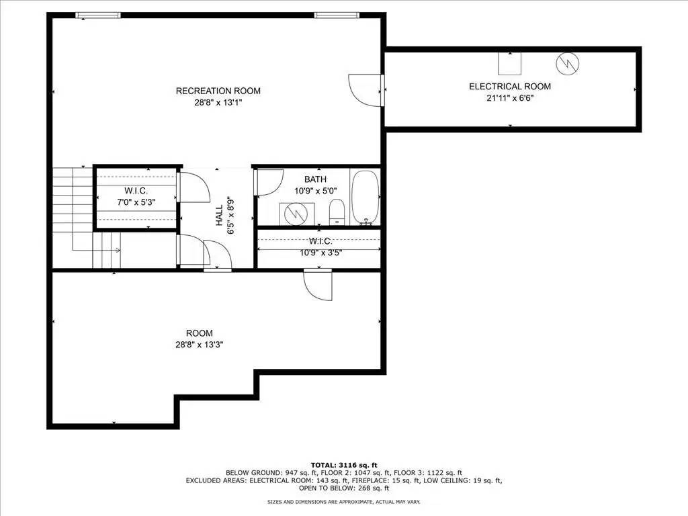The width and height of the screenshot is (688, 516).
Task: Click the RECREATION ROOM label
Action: [x=218, y=91]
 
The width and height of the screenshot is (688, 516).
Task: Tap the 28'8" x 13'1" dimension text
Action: [x=218, y=103]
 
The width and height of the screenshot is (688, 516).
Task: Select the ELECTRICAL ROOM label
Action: [x=509, y=87]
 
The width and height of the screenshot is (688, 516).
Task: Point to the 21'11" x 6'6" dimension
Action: [x=509, y=98]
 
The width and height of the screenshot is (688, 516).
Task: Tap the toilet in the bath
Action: [x=337, y=211]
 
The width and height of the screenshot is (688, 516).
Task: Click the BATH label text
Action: [x=315, y=179]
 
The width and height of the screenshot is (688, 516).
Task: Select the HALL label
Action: [x=219, y=216]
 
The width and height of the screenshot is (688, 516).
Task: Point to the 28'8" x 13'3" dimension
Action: [x=199, y=345]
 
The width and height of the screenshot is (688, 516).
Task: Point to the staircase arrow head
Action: [x=118, y=250]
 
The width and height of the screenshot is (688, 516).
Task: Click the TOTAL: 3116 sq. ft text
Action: [x=343, y=465]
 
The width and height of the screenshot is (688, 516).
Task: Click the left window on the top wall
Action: [x=98, y=15]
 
